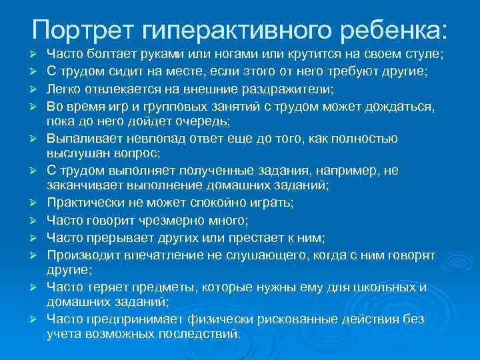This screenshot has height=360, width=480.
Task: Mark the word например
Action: (x=347, y=171)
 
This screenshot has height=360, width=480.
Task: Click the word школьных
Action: (x=377, y=287)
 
